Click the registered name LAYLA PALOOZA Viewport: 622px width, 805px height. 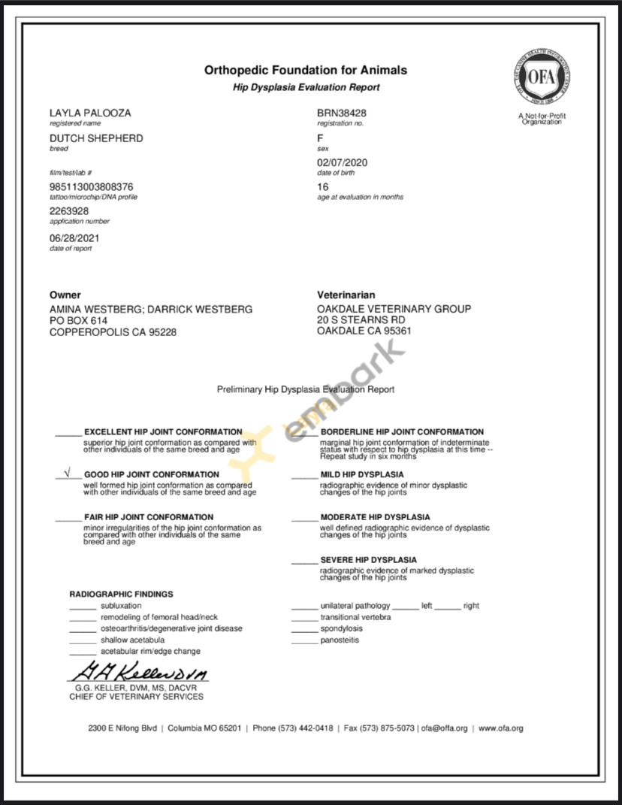90,113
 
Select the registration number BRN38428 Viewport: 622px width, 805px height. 342,113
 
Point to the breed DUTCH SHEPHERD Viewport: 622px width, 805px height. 96,138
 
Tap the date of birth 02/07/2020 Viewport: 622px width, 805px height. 343,163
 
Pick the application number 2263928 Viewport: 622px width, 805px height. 69,211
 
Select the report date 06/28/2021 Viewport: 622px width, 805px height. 74,238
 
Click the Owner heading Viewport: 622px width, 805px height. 65,295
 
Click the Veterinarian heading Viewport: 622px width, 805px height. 346,295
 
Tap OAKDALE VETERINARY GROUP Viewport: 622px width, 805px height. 394,309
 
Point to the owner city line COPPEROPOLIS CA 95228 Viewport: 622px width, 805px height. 113,332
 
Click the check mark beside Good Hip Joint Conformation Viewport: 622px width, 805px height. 68,474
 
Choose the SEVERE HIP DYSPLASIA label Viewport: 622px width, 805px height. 368,560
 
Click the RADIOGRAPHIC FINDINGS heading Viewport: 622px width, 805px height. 121,595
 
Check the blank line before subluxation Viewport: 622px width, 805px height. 83,607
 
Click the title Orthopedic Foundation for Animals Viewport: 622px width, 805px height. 306,70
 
